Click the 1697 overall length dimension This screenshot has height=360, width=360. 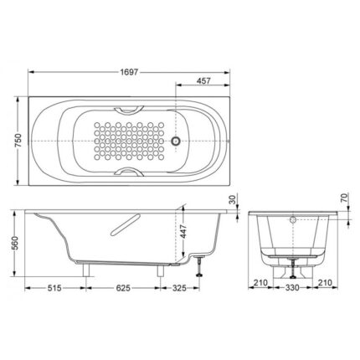point(129,72)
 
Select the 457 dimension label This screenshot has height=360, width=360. point(203,80)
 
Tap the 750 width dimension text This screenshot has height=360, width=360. point(18,141)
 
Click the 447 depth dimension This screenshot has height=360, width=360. point(183,231)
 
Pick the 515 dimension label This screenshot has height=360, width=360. point(54,288)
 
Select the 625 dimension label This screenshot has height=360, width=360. point(123,288)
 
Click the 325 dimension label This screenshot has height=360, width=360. point(179,288)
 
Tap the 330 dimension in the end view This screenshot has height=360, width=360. point(292,287)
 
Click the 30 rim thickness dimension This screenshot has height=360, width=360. point(233,199)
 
